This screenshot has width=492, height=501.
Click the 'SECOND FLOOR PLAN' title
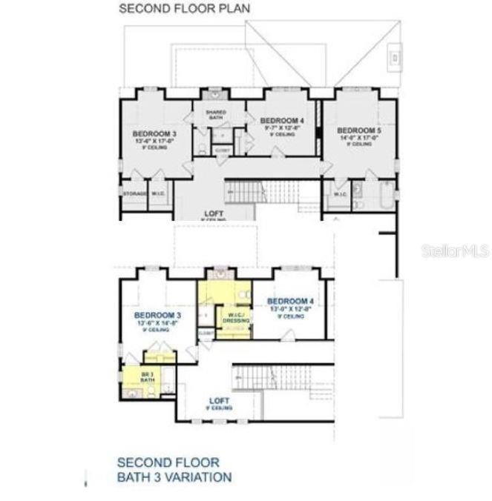[185, 8]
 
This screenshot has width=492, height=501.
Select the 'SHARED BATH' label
[216, 114]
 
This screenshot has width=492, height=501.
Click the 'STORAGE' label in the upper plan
[134, 193]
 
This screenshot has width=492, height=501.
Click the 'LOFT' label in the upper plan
[214, 213]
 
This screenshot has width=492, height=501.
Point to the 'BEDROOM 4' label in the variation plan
[290, 300]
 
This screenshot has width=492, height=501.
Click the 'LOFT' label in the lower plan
[220, 401]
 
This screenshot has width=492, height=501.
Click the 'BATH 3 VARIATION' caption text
[174, 477]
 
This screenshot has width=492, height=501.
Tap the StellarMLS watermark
[456, 251]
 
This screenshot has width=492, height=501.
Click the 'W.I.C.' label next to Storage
[158, 193]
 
